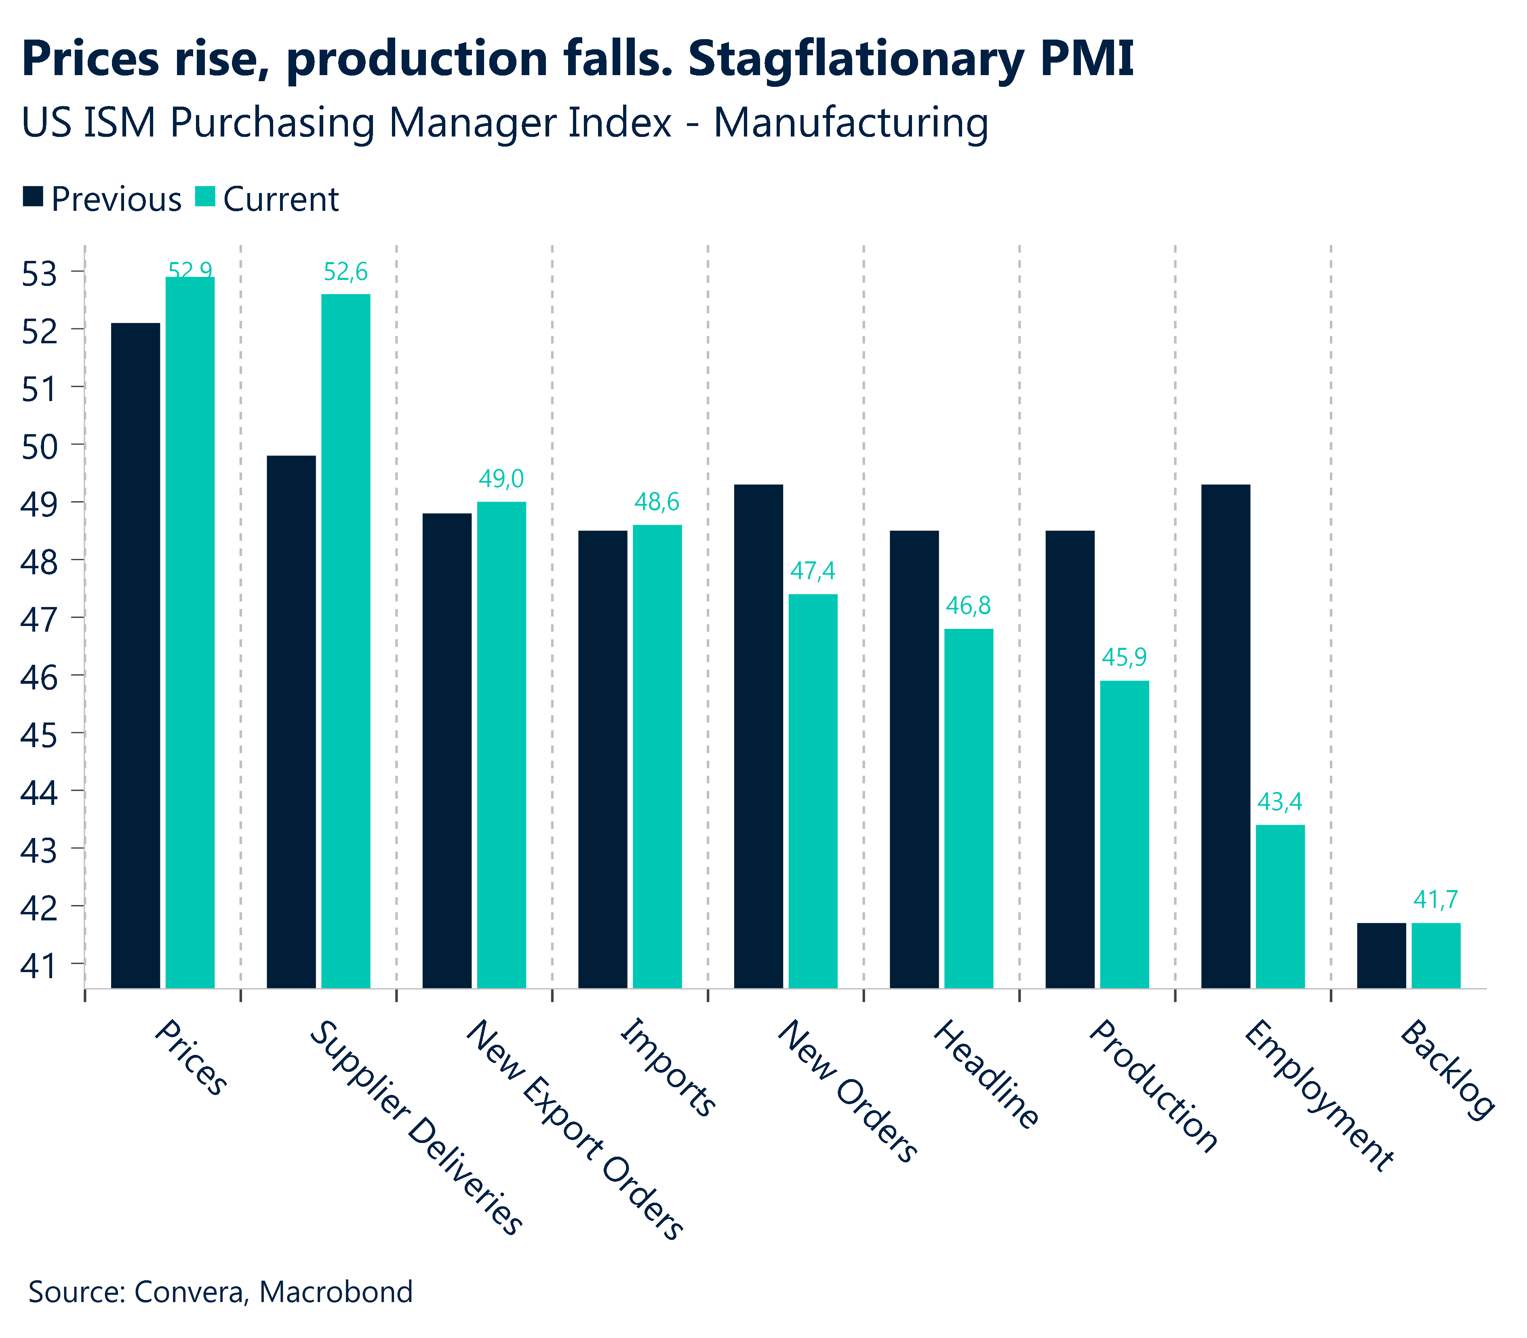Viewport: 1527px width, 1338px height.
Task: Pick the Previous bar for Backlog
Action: pos(1381,955)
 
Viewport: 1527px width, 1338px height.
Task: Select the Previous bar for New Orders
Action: pos(758,735)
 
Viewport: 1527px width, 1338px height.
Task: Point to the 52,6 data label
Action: pos(345,272)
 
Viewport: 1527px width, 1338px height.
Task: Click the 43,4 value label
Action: pos(1280,802)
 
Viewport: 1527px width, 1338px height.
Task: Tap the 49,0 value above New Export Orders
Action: pos(501,479)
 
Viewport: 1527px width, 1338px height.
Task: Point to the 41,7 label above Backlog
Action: pos(1435,900)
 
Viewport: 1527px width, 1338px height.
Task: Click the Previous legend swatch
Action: pos(33,197)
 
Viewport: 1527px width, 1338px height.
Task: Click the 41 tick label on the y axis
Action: pos(39,965)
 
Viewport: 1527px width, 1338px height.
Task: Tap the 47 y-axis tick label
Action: pos(39,620)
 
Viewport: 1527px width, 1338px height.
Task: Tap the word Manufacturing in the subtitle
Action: pos(851,122)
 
